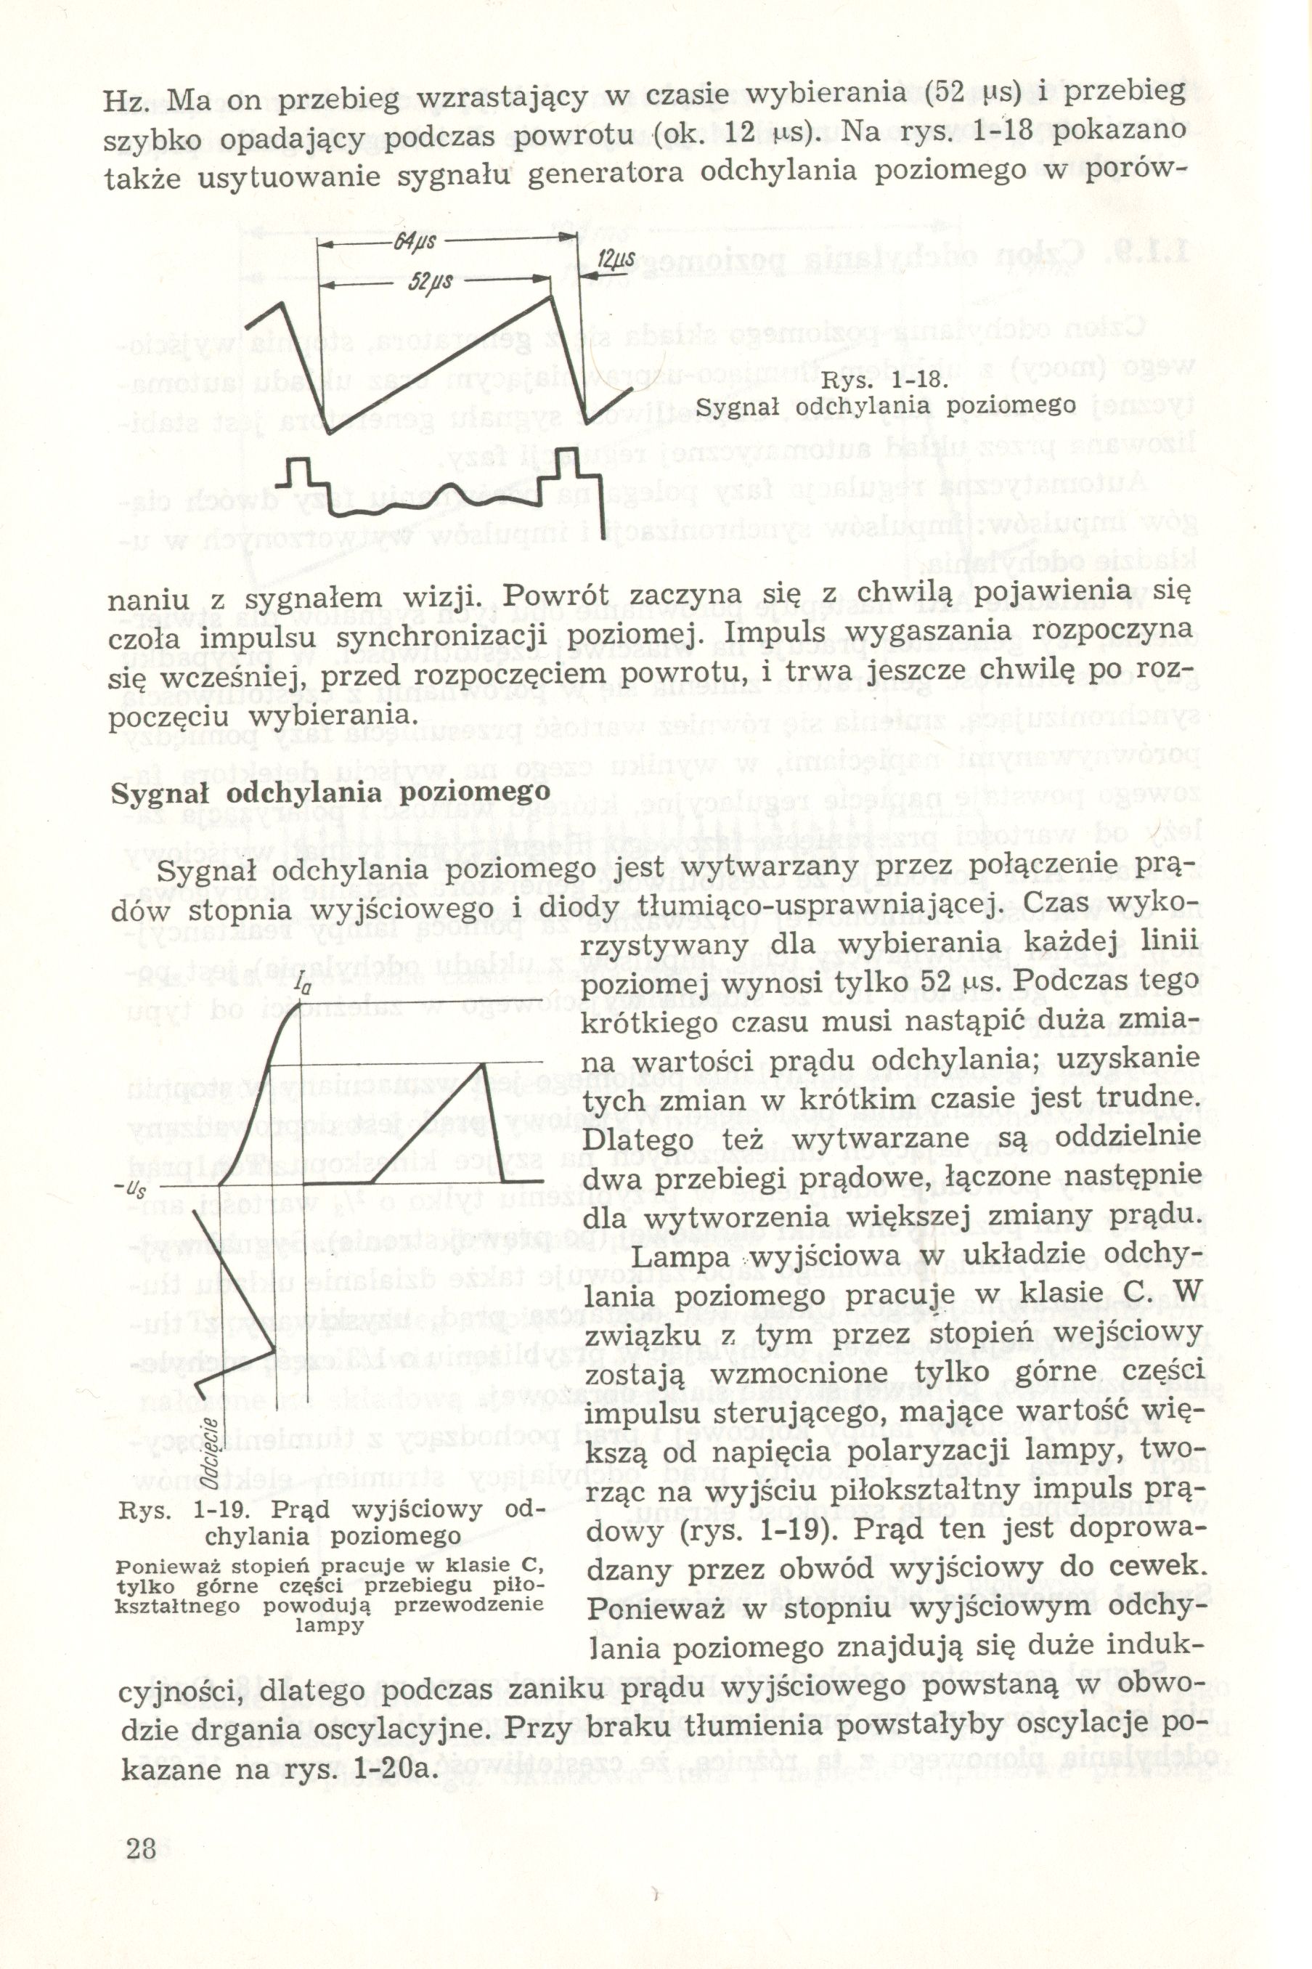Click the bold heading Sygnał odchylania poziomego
click(x=330, y=792)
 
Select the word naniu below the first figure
click(x=147, y=601)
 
